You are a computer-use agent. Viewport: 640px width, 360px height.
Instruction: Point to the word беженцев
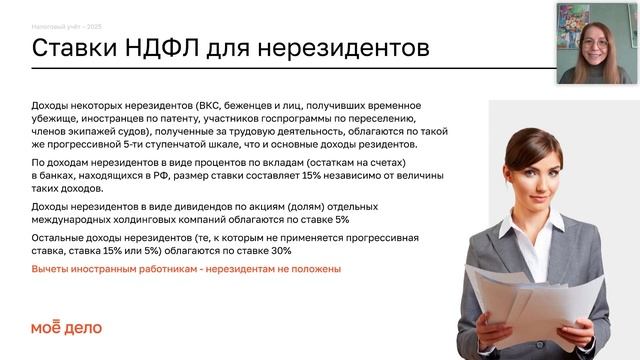point(245,105)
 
